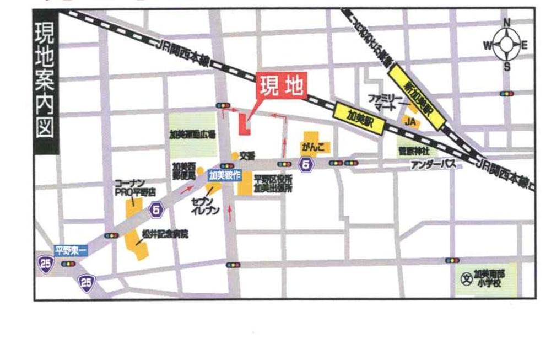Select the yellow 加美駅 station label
359,118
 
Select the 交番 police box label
247,156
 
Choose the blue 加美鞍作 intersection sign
224,176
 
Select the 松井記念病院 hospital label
165,234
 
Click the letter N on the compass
507,23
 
